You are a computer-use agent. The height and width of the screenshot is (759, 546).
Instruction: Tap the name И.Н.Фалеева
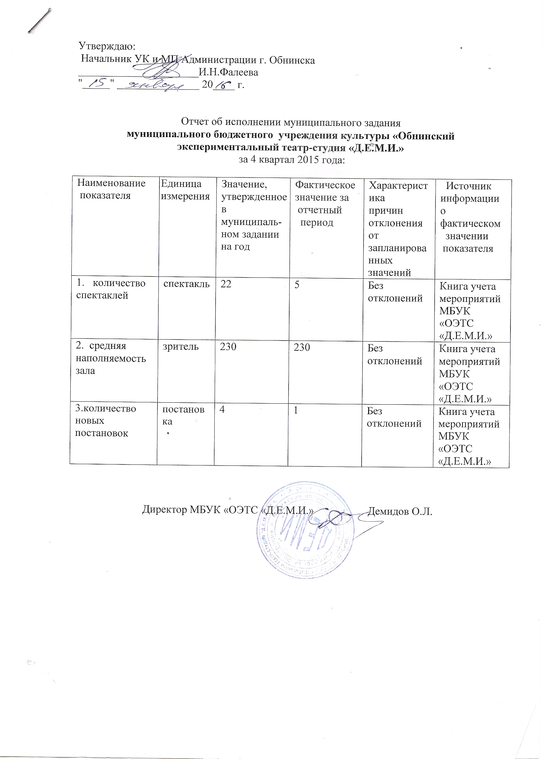(x=228, y=72)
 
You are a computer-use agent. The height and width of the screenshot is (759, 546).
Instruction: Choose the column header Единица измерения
(x=185, y=190)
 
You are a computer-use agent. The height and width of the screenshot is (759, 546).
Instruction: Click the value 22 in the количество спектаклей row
(x=226, y=284)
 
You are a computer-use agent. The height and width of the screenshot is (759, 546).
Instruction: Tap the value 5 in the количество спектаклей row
(x=297, y=284)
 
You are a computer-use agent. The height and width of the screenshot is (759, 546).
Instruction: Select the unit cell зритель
(x=181, y=347)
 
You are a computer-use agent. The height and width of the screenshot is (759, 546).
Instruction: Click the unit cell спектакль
(x=186, y=284)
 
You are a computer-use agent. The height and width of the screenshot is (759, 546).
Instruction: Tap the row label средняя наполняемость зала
(x=110, y=358)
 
